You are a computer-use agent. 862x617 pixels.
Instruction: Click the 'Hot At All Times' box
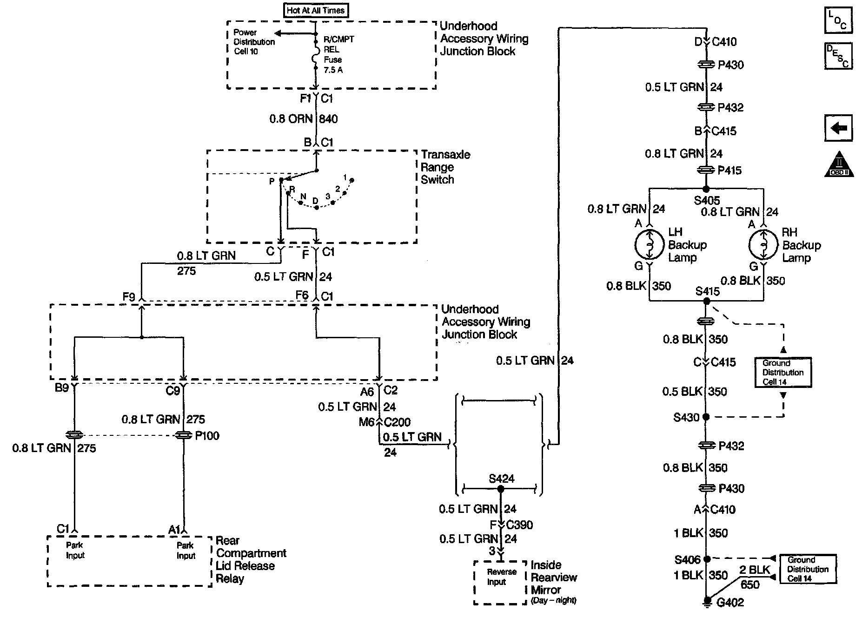click(316, 10)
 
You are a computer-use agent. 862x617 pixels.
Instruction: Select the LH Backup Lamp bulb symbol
click(649, 244)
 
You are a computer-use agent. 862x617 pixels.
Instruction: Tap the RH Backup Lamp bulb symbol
click(763, 245)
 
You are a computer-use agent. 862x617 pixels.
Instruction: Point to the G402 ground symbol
click(707, 602)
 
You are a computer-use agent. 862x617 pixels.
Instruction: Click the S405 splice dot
click(706, 189)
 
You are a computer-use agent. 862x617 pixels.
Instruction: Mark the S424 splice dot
click(500, 489)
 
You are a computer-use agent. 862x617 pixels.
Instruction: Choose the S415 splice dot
click(707, 301)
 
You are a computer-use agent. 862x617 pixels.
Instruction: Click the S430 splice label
click(686, 417)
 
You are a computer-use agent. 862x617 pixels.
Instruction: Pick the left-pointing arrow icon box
click(838, 128)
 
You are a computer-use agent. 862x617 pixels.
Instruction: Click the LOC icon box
click(838, 20)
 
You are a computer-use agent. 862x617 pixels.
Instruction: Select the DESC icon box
click(838, 56)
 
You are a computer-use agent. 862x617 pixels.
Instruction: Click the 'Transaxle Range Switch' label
click(445, 167)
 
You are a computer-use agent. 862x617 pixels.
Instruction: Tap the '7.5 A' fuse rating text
click(333, 70)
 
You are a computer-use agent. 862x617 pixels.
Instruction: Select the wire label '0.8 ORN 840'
click(303, 119)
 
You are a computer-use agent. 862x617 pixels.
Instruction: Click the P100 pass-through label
click(207, 436)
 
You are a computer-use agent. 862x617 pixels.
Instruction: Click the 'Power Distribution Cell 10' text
click(254, 42)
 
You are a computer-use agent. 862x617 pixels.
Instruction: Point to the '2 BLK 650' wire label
click(753, 577)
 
